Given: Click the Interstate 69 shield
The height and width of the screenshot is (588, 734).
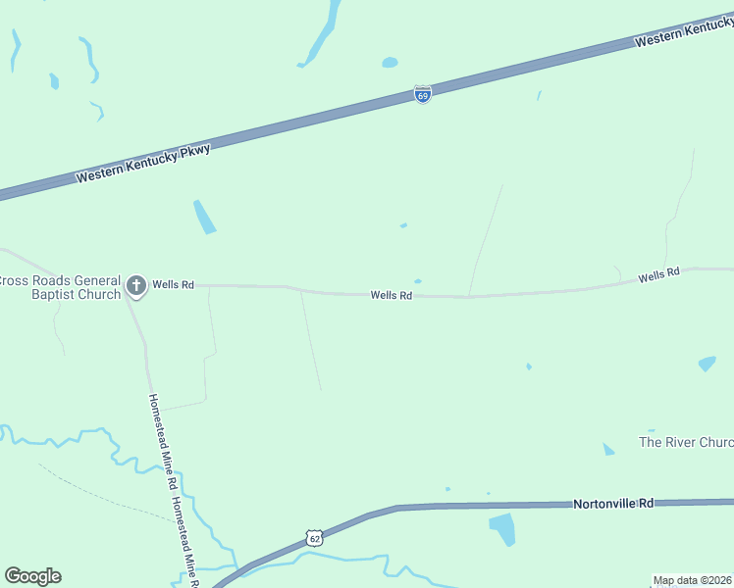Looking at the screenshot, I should [422, 95].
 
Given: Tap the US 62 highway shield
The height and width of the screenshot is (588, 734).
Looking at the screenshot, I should [313, 538].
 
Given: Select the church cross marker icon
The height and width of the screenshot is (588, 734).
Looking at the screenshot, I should [136, 285].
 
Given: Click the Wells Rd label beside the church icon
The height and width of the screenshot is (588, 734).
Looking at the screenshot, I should [173, 285].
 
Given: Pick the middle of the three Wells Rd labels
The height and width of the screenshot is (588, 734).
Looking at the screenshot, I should [391, 295].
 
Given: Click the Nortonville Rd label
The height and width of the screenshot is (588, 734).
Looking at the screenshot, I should [612, 503].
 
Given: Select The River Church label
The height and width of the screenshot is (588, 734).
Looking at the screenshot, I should [686, 442].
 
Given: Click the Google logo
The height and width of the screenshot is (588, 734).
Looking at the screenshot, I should [32, 576].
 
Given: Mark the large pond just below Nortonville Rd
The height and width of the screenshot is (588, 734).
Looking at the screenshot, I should [501, 529].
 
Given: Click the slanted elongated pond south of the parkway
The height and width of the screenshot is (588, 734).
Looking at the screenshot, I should [204, 217].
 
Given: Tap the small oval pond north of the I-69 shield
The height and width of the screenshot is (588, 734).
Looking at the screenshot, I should [390, 63].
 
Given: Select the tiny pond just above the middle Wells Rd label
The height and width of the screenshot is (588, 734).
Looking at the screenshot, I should [418, 281].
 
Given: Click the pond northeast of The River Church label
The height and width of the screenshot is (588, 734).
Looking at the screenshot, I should [707, 364].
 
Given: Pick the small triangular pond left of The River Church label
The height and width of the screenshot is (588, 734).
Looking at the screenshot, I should [608, 450].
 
